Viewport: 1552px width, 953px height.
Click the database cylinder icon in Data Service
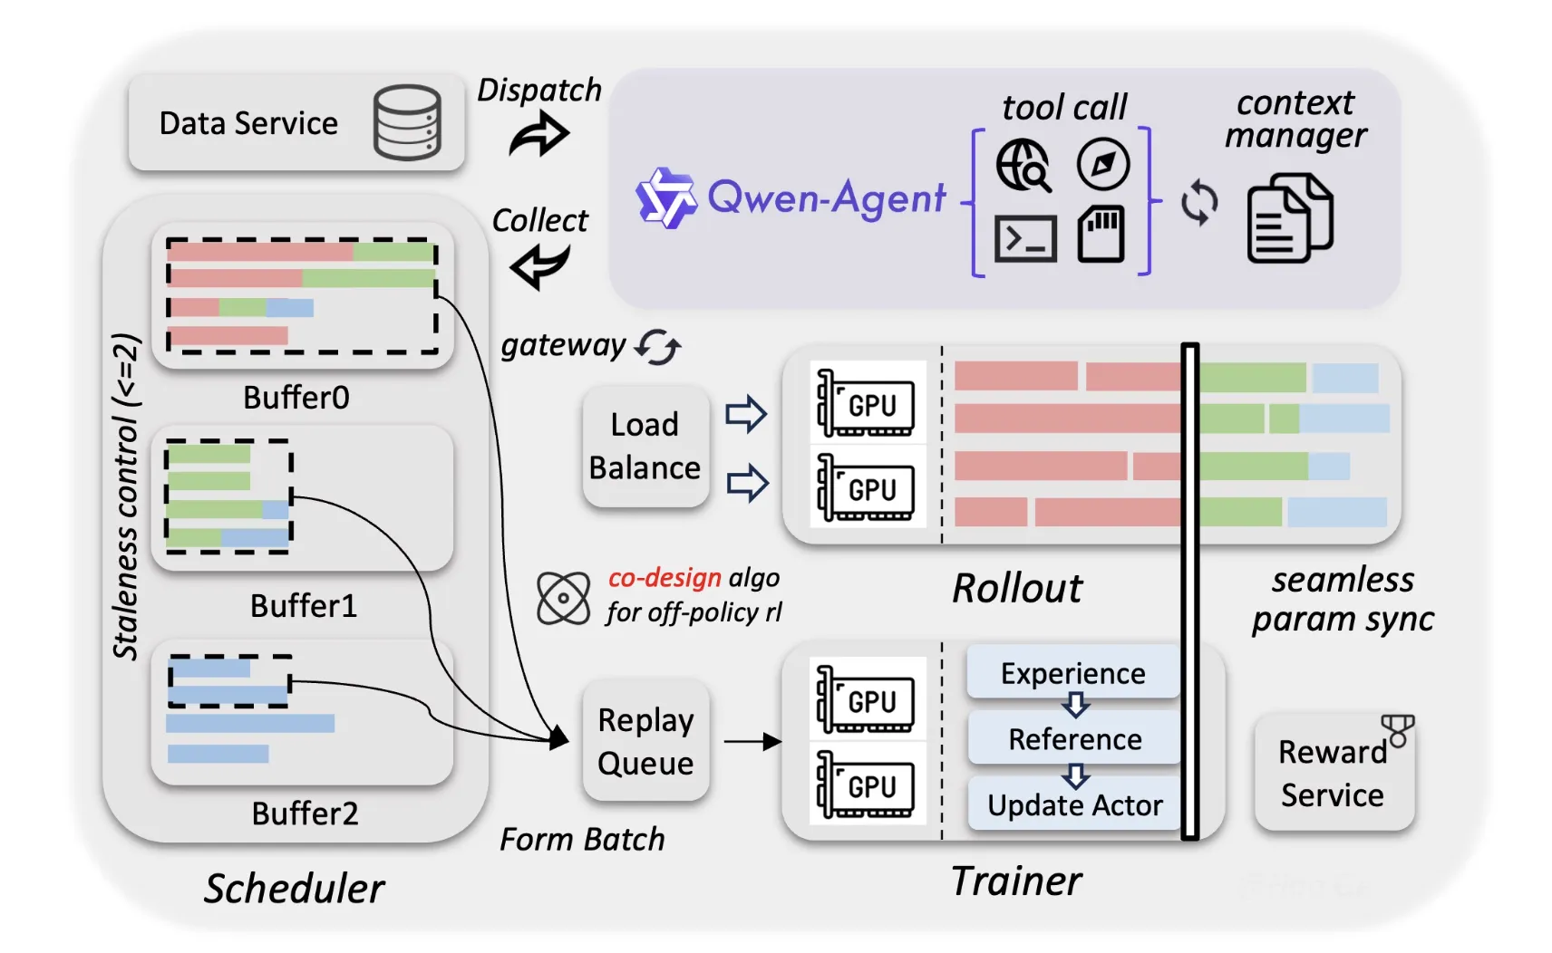pyautogui.click(x=407, y=122)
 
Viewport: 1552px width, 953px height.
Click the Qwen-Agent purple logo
pyautogui.click(x=666, y=197)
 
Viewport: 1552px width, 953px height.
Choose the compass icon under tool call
pyautogui.click(x=1102, y=164)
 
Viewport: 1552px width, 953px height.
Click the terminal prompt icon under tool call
pyautogui.click(x=1025, y=239)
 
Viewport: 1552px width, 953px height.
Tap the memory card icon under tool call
pyautogui.click(x=1101, y=235)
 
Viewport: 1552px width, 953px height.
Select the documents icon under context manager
pyautogui.click(x=1289, y=220)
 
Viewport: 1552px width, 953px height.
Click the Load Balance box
pyautogui.click(x=645, y=447)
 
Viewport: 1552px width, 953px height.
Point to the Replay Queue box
pyautogui.click(x=645, y=741)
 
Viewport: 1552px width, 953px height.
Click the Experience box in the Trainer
pyautogui.click(x=1072, y=673)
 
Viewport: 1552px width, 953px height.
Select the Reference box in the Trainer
pyautogui.click(x=1074, y=739)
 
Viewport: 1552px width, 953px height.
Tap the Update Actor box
pyautogui.click(x=1074, y=804)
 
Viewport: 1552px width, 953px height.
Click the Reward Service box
pyautogui.click(x=1333, y=773)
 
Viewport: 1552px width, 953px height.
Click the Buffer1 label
pyautogui.click(x=304, y=605)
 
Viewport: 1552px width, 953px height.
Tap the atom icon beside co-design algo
pyautogui.click(x=563, y=598)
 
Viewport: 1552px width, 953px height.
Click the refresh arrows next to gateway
pyautogui.click(x=657, y=346)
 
